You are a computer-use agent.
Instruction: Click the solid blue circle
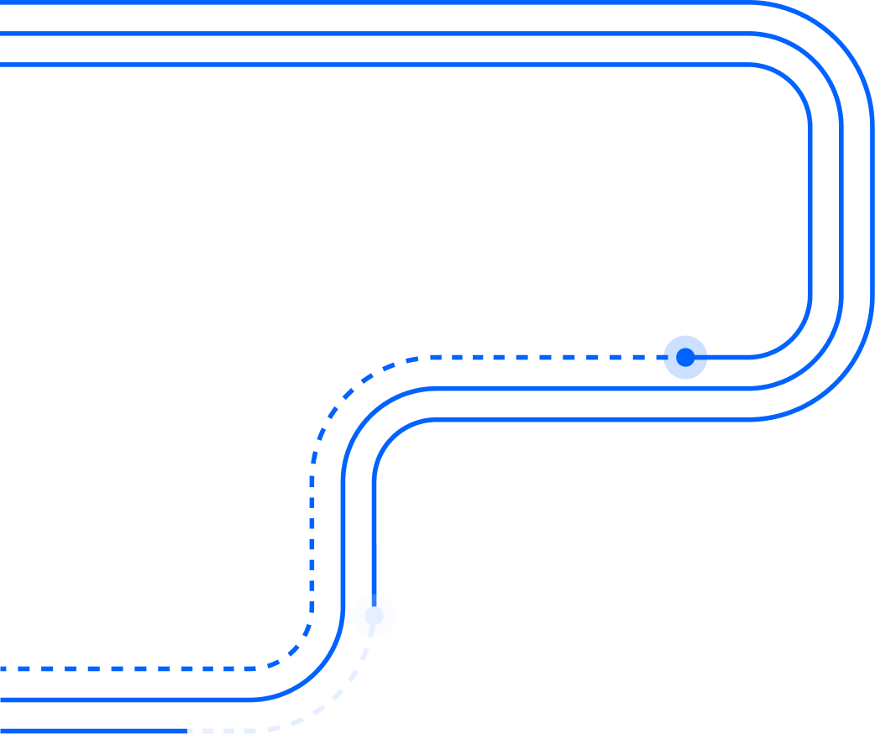[x=685, y=357]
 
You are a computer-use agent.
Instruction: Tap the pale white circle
[x=374, y=616]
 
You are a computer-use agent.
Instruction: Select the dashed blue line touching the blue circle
[x=546, y=357]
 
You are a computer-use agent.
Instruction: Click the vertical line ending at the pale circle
[x=374, y=537]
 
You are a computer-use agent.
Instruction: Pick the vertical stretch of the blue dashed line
[x=312, y=537]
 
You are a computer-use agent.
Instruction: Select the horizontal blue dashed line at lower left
[x=126, y=668]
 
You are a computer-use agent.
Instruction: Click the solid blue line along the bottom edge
[x=92, y=731]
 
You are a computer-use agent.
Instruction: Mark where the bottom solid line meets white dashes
[x=188, y=731]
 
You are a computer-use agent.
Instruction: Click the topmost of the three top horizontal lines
[x=378, y=3]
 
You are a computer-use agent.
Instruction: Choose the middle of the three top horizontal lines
[x=378, y=34]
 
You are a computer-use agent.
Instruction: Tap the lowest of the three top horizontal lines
[x=378, y=64]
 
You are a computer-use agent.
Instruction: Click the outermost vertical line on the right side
[x=872, y=210]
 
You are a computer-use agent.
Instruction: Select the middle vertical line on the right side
[x=841, y=210]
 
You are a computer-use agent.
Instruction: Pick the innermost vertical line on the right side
[x=810, y=210]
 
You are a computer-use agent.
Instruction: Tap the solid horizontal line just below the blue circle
[x=588, y=388]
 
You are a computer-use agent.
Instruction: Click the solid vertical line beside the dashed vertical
[x=343, y=537]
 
